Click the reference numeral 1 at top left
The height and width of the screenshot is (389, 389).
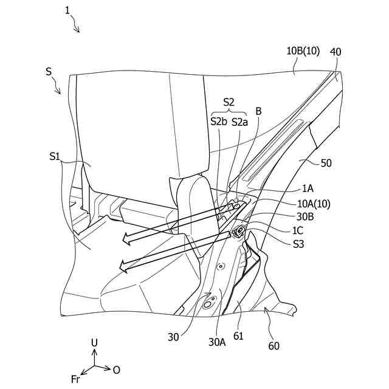pyautogui.click(x=67, y=10)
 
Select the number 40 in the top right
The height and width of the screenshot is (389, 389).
pyautogui.click(x=335, y=53)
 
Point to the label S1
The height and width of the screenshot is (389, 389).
pyautogui.click(x=55, y=157)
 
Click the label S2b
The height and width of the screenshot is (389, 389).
pyautogui.click(x=218, y=122)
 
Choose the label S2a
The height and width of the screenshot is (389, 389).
pyautogui.click(x=239, y=122)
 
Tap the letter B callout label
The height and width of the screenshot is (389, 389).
pyautogui.click(x=258, y=111)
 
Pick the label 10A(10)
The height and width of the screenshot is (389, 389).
pyautogui.click(x=313, y=204)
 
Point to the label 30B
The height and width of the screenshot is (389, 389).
pyautogui.click(x=305, y=217)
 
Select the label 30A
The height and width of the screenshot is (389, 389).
pyautogui.click(x=217, y=342)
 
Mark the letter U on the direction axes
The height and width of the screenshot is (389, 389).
pyautogui.click(x=94, y=343)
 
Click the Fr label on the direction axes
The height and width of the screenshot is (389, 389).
pyautogui.click(x=76, y=379)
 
